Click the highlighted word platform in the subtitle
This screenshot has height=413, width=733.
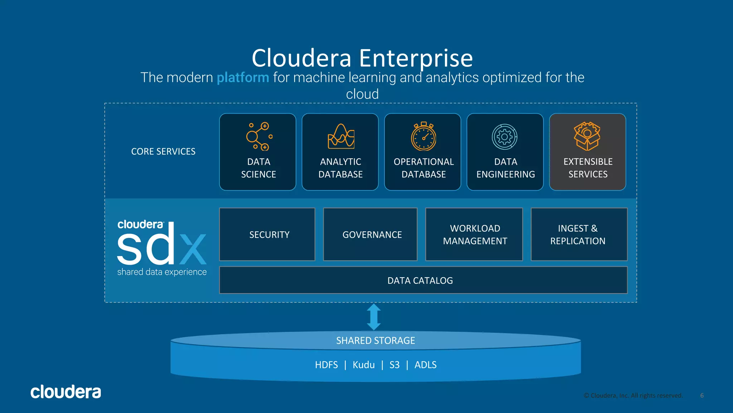tap(243, 78)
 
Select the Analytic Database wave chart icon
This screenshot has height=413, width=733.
tap(341, 136)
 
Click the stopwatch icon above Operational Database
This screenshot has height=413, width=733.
tap(423, 136)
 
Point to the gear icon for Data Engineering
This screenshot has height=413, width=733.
tap(505, 136)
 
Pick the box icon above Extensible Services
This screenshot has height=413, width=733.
tap(587, 136)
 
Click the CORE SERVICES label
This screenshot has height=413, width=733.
tap(163, 152)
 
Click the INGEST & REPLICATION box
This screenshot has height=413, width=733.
tap(579, 234)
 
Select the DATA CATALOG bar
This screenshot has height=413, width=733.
tap(423, 280)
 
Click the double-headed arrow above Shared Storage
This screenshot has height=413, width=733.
tap(374, 317)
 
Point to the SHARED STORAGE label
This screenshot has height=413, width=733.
tap(375, 340)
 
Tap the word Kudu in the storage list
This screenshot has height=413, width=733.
tap(364, 365)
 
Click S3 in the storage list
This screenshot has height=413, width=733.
tap(394, 365)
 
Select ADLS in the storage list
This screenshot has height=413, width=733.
tap(425, 365)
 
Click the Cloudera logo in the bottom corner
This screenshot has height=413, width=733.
tap(66, 392)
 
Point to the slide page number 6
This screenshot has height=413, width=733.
tap(702, 395)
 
